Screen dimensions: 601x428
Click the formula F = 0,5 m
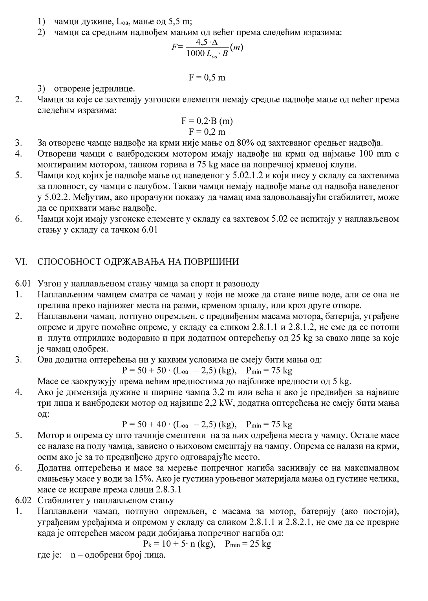pyautogui.click(x=207, y=77)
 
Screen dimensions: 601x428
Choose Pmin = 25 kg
pyautogui.click(x=248, y=544)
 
